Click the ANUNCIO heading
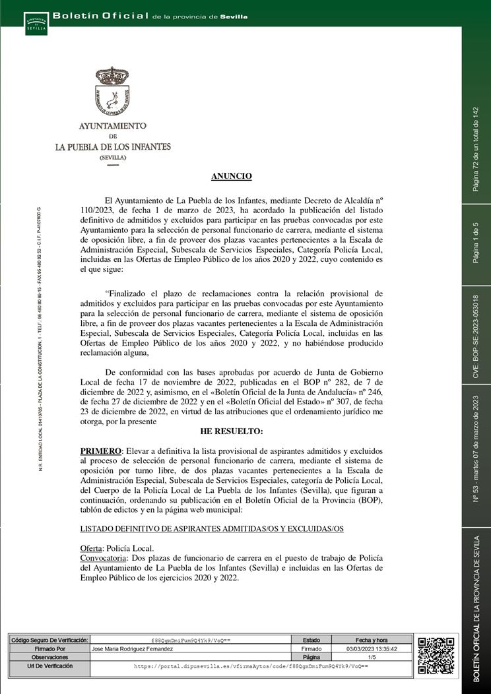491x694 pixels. (x=231, y=176)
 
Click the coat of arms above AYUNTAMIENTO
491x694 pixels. (x=112, y=92)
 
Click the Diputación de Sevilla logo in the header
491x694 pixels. (x=36, y=24)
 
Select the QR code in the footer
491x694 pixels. (x=436, y=656)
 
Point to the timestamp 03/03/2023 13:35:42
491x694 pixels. (x=372, y=649)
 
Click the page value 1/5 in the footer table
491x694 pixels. (x=372, y=658)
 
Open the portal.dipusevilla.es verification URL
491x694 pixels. (x=251, y=667)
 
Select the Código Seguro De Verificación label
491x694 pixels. (x=49, y=641)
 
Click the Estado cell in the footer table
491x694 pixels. (x=311, y=641)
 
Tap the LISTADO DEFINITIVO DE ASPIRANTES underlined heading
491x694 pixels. (x=212, y=529)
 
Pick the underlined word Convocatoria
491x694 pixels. (x=103, y=557)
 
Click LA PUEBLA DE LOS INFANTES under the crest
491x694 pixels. (x=113, y=146)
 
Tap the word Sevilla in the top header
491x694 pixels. (x=234, y=16)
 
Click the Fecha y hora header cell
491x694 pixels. (x=372, y=641)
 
